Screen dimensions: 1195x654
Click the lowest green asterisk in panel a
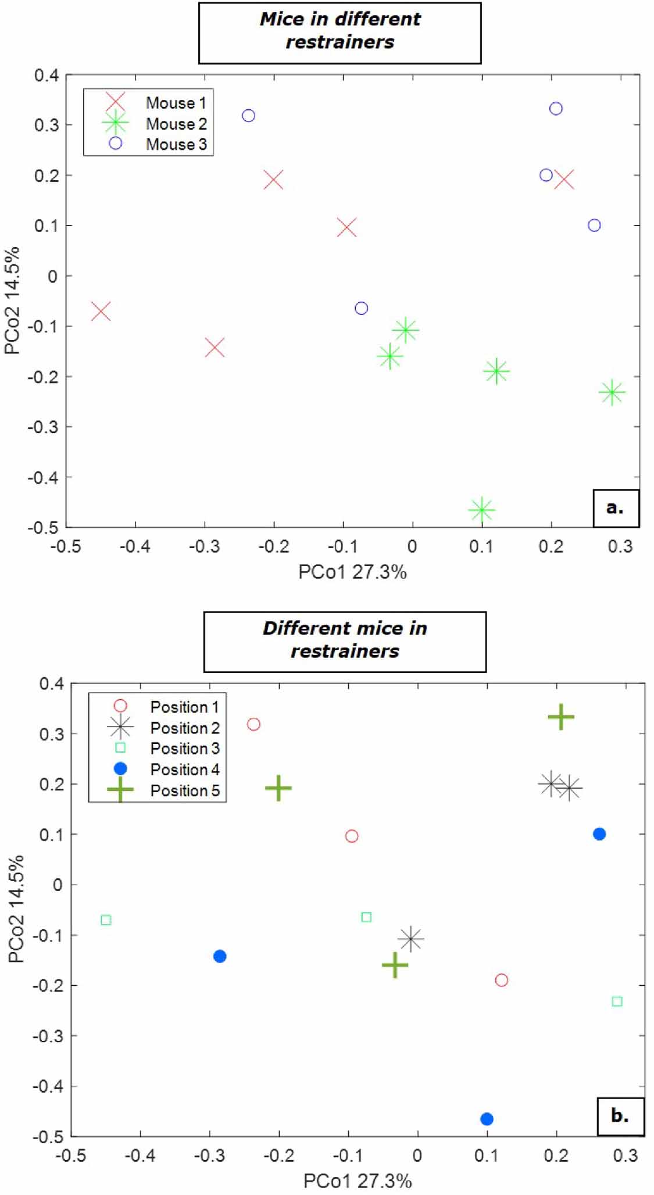[481, 510]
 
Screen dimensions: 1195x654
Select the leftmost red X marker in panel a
[101, 312]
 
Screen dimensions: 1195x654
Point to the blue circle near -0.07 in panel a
[361, 308]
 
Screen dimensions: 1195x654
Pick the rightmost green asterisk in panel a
[612, 392]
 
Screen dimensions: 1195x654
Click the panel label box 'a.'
[615, 508]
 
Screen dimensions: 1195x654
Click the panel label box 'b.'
[620, 1116]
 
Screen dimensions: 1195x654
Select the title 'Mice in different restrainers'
[339, 31]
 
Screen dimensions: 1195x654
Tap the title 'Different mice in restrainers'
[345, 640]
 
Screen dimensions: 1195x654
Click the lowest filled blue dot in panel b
[487, 1119]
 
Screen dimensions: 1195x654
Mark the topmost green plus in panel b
[561, 717]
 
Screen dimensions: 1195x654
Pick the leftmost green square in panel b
[106, 920]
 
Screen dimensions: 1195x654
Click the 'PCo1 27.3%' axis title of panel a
[352, 572]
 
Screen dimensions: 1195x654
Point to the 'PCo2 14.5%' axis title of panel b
[16, 909]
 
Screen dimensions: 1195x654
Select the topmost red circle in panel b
[253, 724]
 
